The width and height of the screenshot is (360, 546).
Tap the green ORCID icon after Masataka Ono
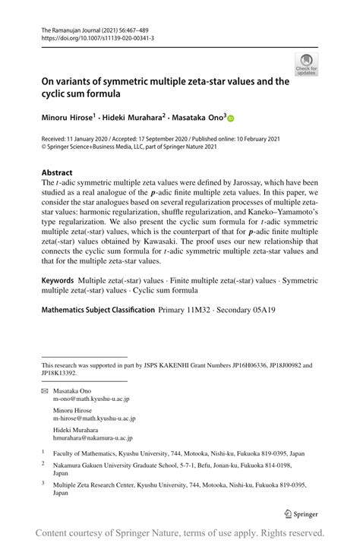click(231, 118)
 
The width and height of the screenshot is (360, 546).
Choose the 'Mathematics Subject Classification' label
click(96, 308)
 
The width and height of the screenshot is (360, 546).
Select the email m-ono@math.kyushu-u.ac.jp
click(90, 399)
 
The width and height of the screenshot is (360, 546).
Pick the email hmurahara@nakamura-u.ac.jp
click(93, 438)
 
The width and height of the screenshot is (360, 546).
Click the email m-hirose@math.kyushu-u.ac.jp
click(94, 418)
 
